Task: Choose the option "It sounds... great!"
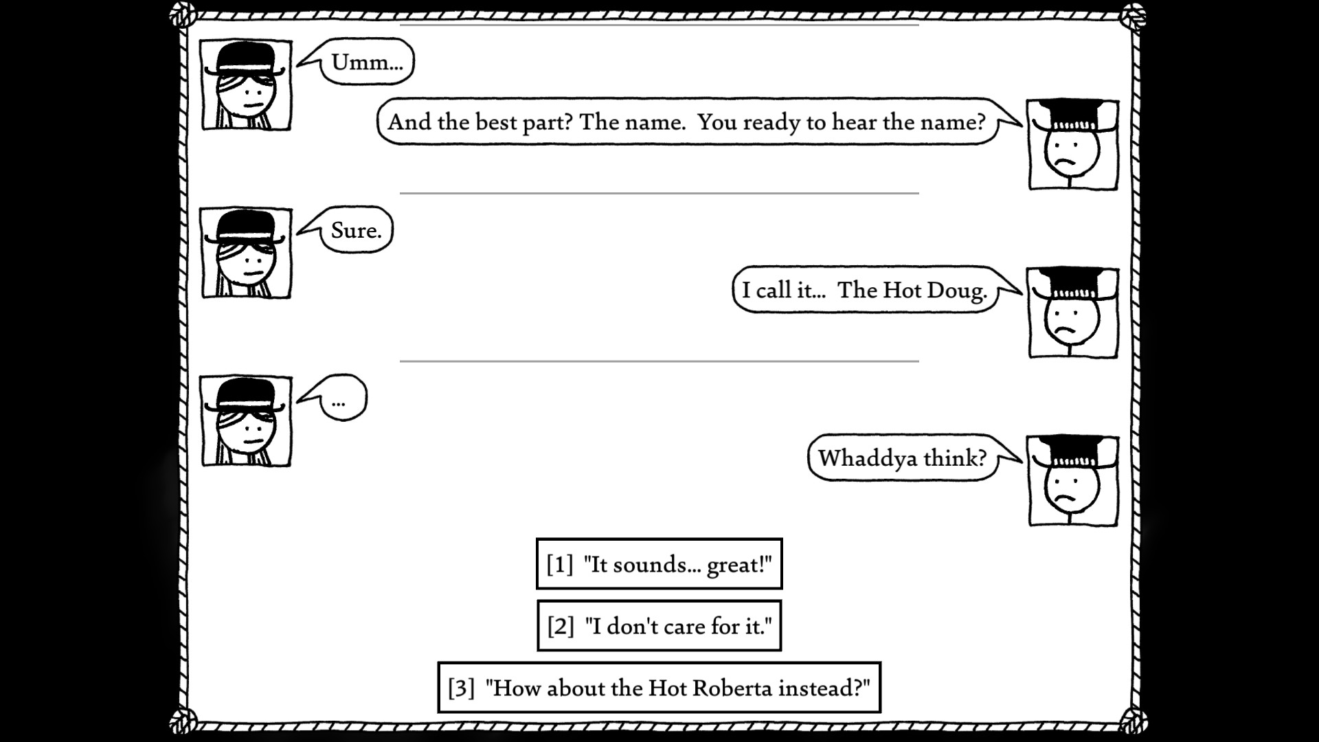(x=659, y=564)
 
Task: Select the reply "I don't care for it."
(x=659, y=626)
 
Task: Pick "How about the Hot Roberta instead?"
(x=659, y=688)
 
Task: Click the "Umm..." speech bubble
(x=367, y=62)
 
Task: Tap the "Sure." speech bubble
(x=356, y=230)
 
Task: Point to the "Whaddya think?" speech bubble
(x=902, y=458)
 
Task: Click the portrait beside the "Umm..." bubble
(x=246, y=85)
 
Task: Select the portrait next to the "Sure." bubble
(x=246, y=254)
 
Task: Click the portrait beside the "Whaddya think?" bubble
(x=1073, y=482)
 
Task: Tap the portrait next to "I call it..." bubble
(x=1073, y=313)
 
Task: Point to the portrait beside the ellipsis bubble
(x=246, y=421)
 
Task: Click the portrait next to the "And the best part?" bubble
(x=1073, y=145)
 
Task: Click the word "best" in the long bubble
(x=496, y=122)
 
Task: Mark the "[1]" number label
(x=560, y=565)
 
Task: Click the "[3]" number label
(x=462, y=688)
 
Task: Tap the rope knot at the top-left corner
(x=183, y=14)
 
